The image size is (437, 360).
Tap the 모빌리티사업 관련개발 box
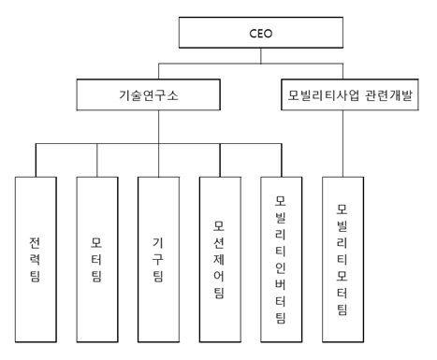[347, 95]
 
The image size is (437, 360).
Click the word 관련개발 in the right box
[386, 95]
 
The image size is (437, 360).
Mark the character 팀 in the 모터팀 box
[97, 276]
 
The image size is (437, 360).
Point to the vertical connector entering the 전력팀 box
[37, 159]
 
